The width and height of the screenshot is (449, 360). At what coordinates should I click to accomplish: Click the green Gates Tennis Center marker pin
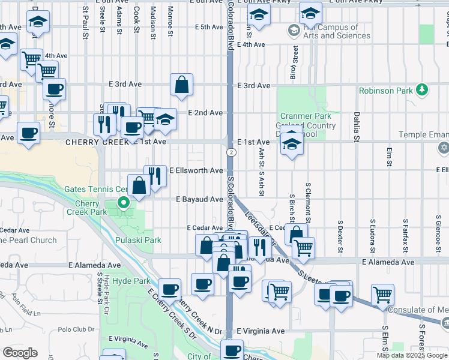(x=124, y=203)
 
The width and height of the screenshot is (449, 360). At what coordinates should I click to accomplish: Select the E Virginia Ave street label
(x=260, y=331)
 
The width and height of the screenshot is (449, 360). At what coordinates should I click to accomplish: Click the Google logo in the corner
(x=20, y=353)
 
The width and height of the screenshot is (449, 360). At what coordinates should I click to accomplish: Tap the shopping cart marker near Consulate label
(x=382, y=295)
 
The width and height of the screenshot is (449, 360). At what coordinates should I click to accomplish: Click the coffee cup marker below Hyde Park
(x=169, y=289)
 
